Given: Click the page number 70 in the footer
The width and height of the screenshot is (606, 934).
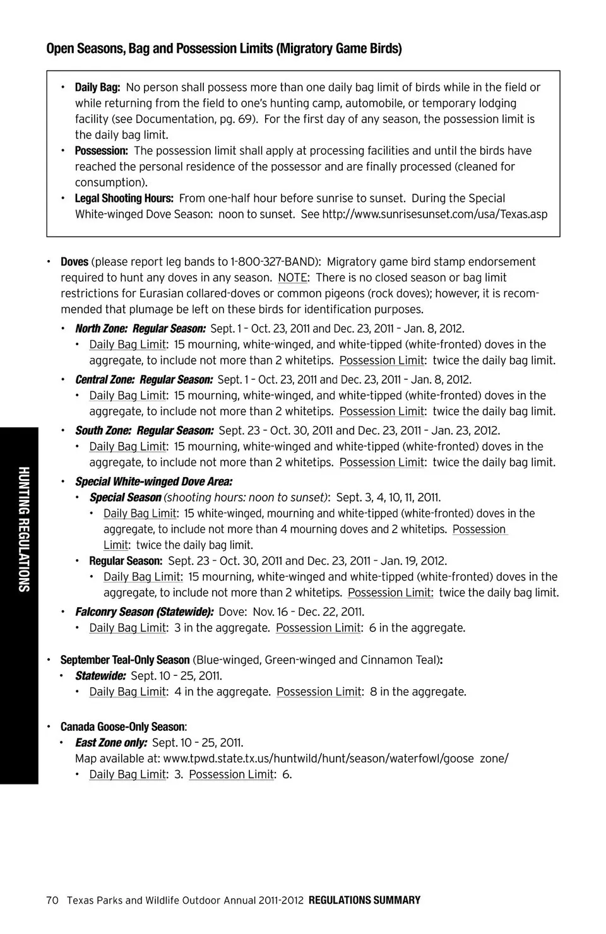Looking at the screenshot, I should pyautogui.click(x=52, y=901).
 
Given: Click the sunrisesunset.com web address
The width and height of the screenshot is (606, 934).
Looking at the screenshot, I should pyautogui.click(x=434, y=214).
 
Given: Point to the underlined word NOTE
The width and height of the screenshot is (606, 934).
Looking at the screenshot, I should pyautogui.click(x=292, y=278).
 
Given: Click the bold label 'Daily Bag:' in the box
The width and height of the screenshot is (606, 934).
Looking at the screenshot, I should pyautogui.click(x=97, y=88).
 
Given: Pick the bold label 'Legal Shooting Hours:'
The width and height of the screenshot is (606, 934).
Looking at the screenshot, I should pyautogui.click(x=124, y=198).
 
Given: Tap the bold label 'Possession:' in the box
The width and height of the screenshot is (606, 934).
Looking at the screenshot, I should pyautogui.click(x=101, y=151).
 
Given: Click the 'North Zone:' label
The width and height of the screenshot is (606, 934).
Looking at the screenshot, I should pyautogui.click(x=101, y=329).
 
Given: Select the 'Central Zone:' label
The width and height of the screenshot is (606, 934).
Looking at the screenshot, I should pyautogui.click(x=105, y=380).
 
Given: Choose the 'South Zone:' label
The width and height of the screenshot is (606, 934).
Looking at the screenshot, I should pyautogui.click(x=103, y=431).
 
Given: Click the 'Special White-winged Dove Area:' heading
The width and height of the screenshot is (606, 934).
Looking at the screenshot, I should pyautogui.click(x=153, y=482).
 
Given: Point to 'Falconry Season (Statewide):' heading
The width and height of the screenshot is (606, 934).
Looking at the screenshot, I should pyautogui.click(x=144, y=612).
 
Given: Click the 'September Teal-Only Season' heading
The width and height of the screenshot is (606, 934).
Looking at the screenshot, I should pyautogui.click(x=125, y=660).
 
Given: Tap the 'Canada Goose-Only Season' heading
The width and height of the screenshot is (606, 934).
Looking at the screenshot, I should pyautogui.click(x=122, y=727).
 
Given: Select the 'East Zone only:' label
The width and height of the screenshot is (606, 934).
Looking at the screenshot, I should pyautogui.click(x=111, y=743).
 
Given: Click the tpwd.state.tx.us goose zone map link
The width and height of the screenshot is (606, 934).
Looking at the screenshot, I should pyautogui.click(x=335, y=759).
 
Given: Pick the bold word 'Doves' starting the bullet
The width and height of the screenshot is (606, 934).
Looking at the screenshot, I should pyautogui.click(x=74, y=262).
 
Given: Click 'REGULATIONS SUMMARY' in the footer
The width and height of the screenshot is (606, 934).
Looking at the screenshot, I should pyautogui.click(x=364, y=901).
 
